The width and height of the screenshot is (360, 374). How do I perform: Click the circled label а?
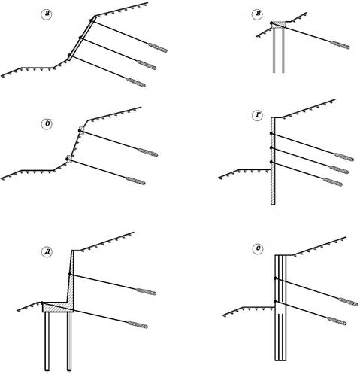pos(47,14)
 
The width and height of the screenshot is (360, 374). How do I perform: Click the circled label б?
pos(47,124)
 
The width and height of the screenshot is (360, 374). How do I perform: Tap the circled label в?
pos(257,14)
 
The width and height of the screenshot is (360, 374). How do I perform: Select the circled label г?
pos(257,116)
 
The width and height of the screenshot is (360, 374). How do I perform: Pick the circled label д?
pos(47,252)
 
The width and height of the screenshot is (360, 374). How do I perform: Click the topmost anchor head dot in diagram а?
pos(91,20)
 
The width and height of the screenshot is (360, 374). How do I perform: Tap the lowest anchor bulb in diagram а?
pos(136,82)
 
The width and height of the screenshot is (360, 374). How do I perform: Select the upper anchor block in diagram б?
pos(81,130)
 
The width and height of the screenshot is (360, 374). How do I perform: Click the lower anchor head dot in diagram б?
pos(67,159)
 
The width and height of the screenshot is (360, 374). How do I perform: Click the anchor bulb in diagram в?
pos(340,44)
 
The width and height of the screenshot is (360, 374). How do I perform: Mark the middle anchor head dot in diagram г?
pos(271,148)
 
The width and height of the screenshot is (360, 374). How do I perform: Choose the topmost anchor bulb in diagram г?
pos(344,157)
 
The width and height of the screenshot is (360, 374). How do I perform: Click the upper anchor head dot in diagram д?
pos(69,275)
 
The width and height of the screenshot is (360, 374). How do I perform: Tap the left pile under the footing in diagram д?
pos(47,341)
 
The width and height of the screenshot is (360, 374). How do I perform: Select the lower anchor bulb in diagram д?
pos(138,324)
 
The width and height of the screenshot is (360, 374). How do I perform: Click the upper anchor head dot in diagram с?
pos(275,278)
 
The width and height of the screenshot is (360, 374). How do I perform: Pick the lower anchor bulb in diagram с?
pos(337,321)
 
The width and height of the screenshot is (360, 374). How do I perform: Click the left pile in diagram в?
pos(274,50)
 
